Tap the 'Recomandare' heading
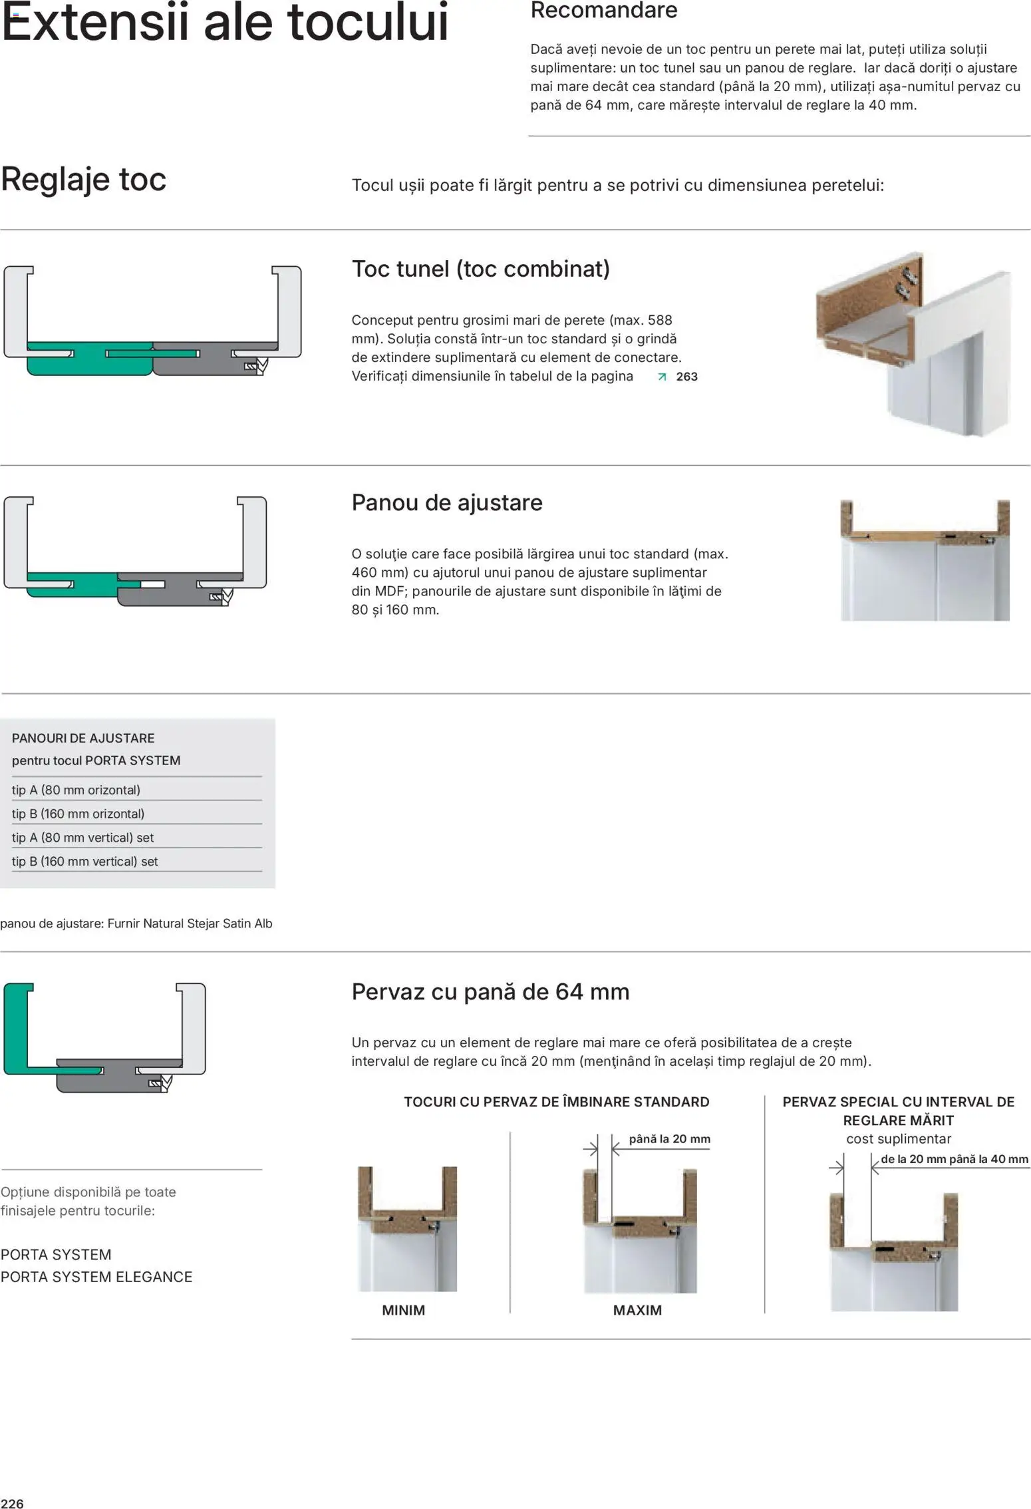603,11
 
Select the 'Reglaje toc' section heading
83,180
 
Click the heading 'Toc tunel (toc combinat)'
480,269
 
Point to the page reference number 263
686,377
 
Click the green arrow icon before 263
661,377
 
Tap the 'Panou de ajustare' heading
446,502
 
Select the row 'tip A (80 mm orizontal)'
76,790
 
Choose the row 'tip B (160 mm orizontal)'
78,814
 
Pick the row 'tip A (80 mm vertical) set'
82,838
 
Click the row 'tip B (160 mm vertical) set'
84,862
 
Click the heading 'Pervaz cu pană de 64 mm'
490,992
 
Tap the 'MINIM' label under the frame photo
403,1310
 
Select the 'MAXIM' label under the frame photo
637,1310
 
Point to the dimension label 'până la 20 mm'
669,1139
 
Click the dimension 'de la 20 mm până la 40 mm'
954,1159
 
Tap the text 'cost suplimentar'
898,1139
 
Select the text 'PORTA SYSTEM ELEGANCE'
96,1277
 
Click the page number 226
12,1503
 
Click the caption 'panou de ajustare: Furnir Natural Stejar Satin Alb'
136,923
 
